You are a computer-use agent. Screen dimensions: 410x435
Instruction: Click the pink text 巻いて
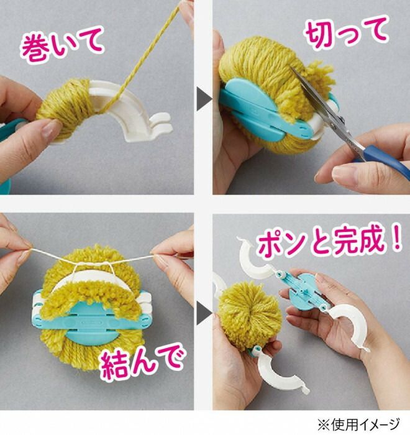tap(62, 44)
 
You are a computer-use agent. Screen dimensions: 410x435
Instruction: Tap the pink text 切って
tap(347, 31)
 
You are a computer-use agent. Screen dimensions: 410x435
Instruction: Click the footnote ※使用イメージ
tap(358, 424)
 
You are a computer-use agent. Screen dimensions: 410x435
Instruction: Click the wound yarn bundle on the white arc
tap(65, 108)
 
